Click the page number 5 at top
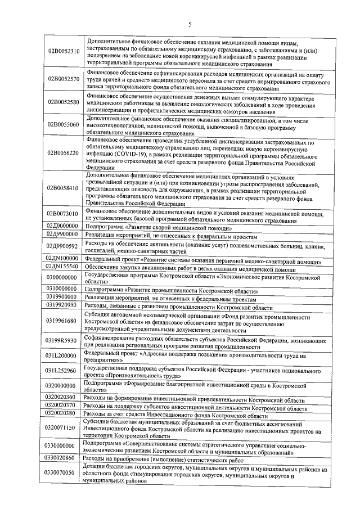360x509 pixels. (x=190, y=24)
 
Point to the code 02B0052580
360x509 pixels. (x=64, y=102)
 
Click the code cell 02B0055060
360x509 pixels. (x=64, y=125)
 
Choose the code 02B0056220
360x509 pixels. (x=64, y=152)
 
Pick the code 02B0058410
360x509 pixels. (x=64, y=188)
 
